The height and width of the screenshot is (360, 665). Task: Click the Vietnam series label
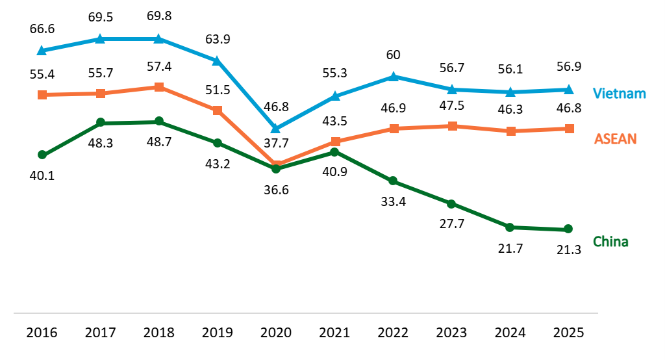tap(620, 93)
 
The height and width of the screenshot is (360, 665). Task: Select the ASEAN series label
tap(616, 138)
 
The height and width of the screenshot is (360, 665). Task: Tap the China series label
tap(610, 242)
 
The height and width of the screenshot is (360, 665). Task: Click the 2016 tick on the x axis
tap(42, 333)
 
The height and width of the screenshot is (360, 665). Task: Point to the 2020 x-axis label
tap(276, 333)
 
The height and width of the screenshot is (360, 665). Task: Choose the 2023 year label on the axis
tap(451, 333)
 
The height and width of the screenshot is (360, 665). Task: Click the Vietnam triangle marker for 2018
tap(159, 39)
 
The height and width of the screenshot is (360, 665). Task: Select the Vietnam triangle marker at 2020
tap(276, 129)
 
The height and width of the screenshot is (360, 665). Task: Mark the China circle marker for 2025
tap(568, 229)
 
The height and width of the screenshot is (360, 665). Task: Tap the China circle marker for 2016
tap(42, 155)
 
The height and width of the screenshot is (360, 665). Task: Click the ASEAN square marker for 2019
tap(218, 110)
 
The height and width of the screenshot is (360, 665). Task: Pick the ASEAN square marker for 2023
tap(453, 126)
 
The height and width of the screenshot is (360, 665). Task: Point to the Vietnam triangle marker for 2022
tap(393, 77)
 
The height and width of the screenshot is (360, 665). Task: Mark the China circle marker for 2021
tap(334, 152)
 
